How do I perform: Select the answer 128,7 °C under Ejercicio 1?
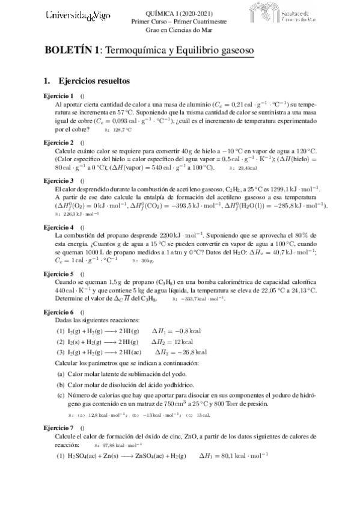click(x=122, y=129)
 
